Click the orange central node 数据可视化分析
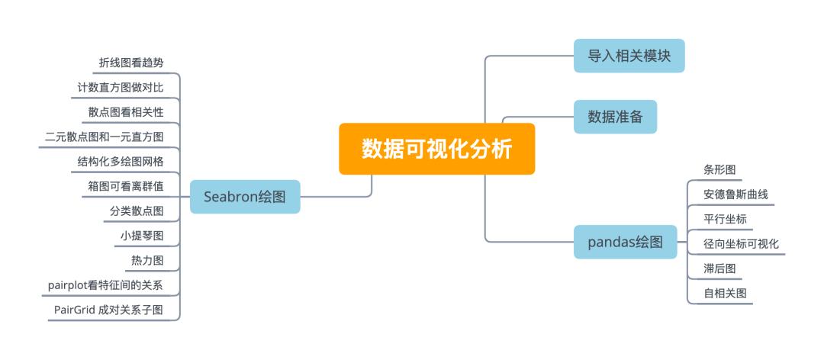point(436,149)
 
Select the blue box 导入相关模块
point(629,56)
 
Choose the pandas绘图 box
point(625,243)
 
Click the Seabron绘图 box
point(245,197)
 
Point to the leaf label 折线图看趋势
point(130,63)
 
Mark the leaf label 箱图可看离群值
point(125,186)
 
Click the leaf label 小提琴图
point(141,236)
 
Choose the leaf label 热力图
point(147,261)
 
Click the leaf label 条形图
point(719,169)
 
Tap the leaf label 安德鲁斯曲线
point(735,194)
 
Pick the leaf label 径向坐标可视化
point(741,243)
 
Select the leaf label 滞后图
point(719,268)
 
